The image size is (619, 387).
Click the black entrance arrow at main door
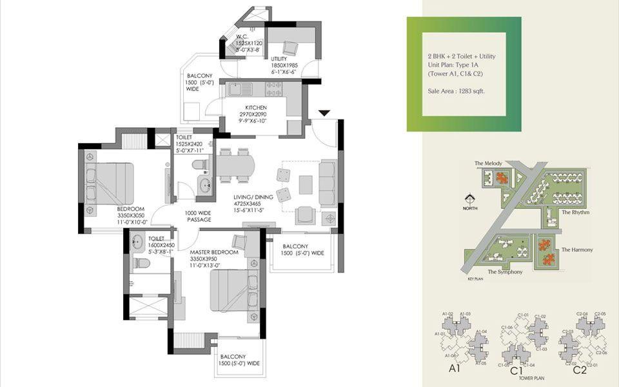[x=324, y=114]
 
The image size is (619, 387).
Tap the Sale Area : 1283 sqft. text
[x=456, y=92]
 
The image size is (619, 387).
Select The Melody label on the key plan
[x=488, y=164]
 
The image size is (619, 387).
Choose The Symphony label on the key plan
[x=505, y=272]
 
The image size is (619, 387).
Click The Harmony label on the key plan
[x=576, y=250]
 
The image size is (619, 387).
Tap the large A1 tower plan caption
[x=454, y=370]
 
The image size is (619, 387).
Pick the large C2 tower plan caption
[x=579, y=370]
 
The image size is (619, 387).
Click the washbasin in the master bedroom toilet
[x=137, y=244]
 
